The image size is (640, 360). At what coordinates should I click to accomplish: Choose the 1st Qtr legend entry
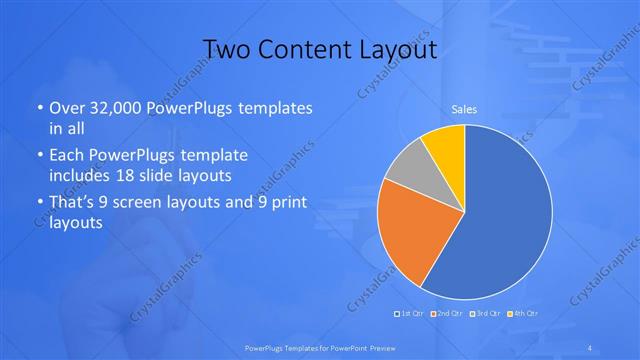412,314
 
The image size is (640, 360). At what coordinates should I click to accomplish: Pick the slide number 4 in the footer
591,347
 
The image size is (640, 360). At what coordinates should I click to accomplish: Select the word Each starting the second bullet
66,156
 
